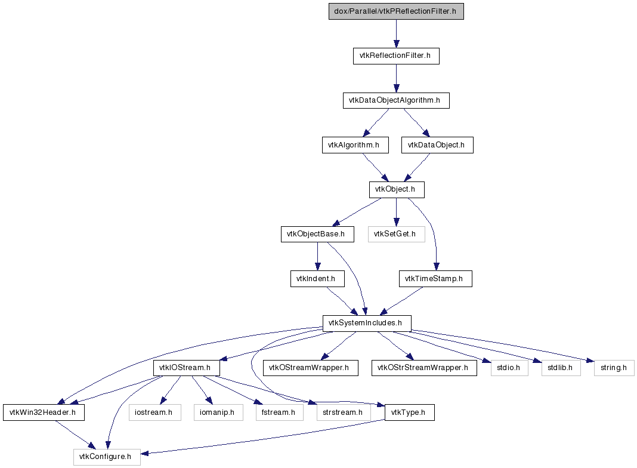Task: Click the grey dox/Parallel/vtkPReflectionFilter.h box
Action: click(396, 11)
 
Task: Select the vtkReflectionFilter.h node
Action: click(396, 56)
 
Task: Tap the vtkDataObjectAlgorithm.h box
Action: click(396, 100)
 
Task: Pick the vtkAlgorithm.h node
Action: click(355, 145)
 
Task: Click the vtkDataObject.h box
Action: click(437, 145)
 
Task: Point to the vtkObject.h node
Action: click(397, 190)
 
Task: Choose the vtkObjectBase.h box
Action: click(317, 234)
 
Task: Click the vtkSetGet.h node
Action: click(397, 234)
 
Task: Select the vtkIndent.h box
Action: click(317, 279)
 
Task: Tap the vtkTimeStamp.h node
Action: click(435, 279)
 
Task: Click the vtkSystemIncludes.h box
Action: click(367, 324)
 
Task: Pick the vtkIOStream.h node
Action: click(187, 368)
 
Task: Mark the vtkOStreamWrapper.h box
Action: click(310, 368)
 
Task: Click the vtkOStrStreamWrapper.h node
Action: click(424, 368)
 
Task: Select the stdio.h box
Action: click(509, 368)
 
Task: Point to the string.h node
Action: click(614, 368)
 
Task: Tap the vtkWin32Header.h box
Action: click(44, 412)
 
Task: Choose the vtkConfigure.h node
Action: click(107, 457)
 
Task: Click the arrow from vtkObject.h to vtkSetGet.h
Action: click(397, 212)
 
